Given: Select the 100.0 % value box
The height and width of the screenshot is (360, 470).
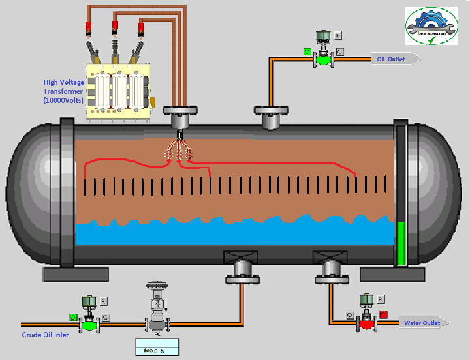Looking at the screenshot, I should point(157,350).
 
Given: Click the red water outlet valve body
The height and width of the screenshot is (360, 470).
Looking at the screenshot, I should point(367,323).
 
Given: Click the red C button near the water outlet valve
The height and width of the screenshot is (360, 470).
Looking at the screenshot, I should point(383,315).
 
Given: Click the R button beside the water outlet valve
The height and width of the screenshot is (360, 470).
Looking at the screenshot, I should point(381,299).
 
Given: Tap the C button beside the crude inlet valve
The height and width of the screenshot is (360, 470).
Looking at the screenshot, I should point(106,317).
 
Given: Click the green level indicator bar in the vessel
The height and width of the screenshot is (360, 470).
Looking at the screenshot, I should point(401,243).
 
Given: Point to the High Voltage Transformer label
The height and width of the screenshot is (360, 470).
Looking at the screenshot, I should point(63,91).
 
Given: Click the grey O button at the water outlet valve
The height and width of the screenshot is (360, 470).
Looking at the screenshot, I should point(351,315).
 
